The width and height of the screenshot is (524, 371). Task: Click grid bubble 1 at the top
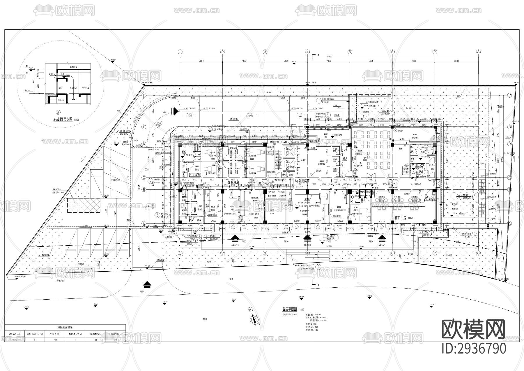(x=180, y=52)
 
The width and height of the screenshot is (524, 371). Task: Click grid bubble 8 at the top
(x=478, y=52)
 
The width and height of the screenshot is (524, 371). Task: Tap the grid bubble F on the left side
(x=144, y=95)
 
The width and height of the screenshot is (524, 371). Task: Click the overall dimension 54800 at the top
(x=329, y=56)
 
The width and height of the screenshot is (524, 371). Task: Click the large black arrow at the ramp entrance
(x=174, y=111)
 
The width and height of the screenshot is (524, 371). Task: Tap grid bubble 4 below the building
(x=307, y=253)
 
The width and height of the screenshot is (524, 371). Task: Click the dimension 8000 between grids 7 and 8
(x=456, y=61)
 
